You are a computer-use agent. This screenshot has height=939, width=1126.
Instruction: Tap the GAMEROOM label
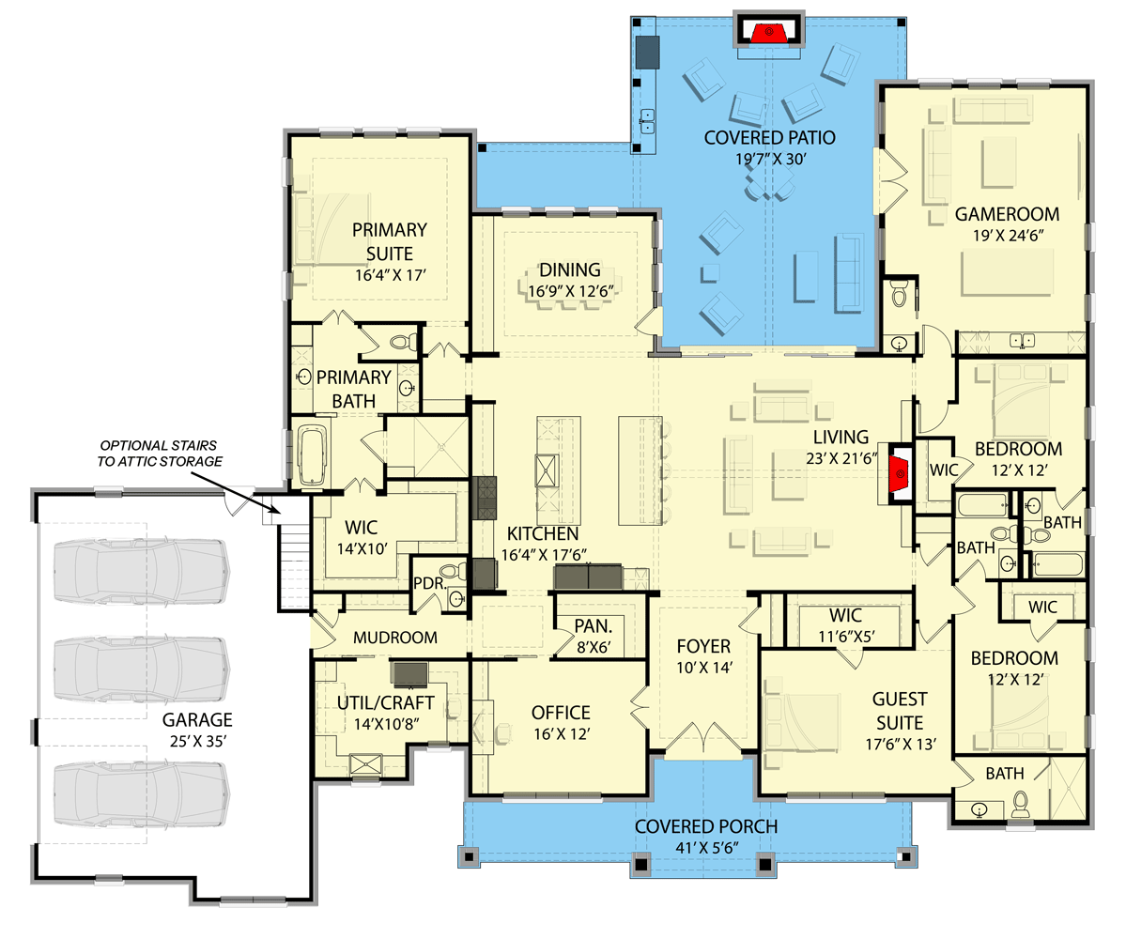[x=1007, y=213]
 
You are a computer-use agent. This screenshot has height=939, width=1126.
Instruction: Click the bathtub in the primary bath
[x=311, y=455]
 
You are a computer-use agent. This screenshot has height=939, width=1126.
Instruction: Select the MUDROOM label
[x=394, y=638]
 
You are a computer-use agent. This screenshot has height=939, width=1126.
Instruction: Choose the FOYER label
[x=703, y=646]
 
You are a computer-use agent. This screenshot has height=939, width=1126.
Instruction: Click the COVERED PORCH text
[x=705, y=826]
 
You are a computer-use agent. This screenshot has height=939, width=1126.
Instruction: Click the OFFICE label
[x=560, y=712]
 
